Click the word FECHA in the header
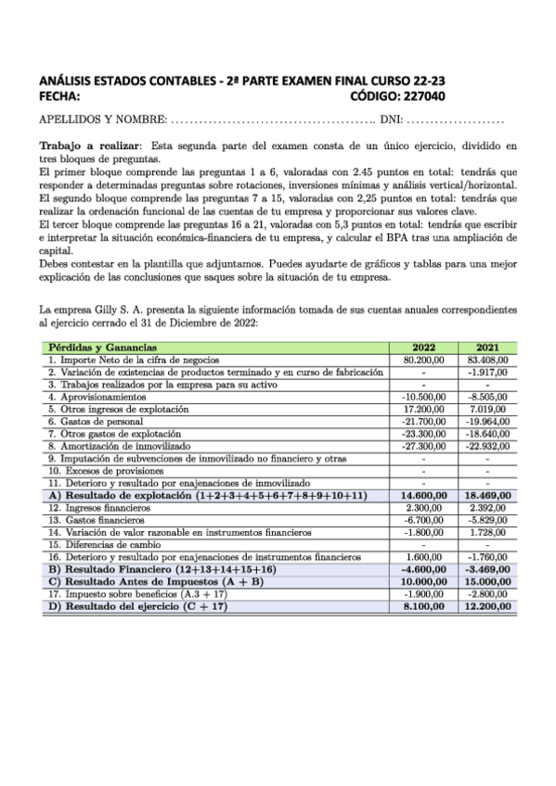point(59,95)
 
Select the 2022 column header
point(424,347)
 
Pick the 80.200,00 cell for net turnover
point(424,358)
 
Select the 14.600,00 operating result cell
point(424,496)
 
